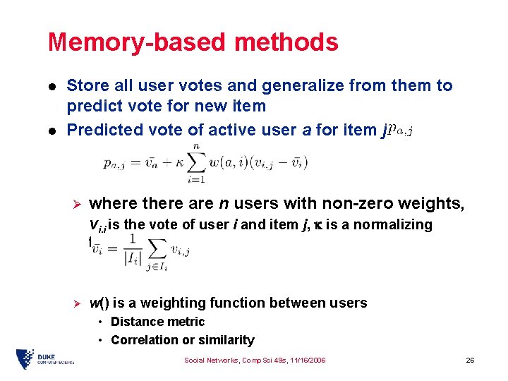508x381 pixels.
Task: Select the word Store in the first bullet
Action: click(87, 86)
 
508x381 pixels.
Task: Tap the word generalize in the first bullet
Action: click(311, 86)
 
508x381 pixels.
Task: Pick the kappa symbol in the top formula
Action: click(176, 164)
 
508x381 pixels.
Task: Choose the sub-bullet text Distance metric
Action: click(157, 322)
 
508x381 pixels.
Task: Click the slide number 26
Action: click(470, 360)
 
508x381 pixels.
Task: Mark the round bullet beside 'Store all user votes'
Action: click(52, 87)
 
